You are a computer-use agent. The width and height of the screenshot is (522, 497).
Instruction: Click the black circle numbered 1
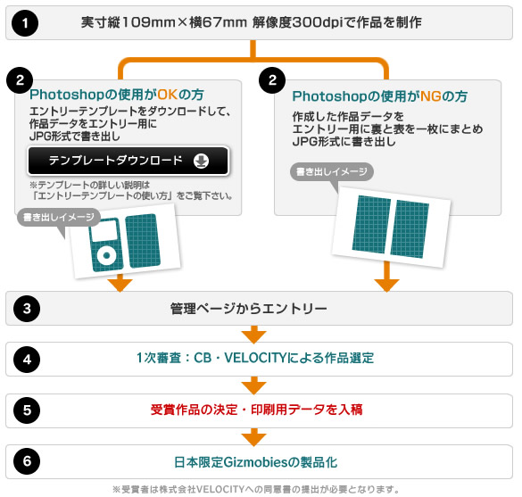pos(25,23)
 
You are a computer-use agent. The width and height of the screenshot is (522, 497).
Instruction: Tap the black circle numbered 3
pos(27,308)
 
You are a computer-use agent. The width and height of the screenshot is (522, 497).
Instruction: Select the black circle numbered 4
pos(27,360)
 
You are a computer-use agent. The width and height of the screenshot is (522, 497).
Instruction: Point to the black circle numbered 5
pos(27,410)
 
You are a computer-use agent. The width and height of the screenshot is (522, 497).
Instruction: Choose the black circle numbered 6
pos(27,461)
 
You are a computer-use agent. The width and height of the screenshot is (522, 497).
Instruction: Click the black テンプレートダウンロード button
pos(128,161)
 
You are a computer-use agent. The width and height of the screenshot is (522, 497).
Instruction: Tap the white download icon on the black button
pos(201,161)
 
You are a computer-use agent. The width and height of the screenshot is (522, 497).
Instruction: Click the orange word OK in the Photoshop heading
pos(168,95)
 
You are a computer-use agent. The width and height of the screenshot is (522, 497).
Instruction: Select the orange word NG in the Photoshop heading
pos(431,96)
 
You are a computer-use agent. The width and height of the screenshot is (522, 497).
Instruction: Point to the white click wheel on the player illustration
pos(107,256)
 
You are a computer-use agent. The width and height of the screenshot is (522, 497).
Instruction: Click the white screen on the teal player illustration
pos(104,231)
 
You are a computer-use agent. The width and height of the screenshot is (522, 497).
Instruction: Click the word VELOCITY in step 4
pos(255,358)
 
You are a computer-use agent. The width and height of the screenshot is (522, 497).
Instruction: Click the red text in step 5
pos(256,410)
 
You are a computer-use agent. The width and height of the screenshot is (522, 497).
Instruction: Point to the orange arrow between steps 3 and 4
pos(254,335)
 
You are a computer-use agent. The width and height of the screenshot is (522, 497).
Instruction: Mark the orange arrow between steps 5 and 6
pos(254,436)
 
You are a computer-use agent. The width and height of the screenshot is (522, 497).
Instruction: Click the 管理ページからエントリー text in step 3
pos(249,309)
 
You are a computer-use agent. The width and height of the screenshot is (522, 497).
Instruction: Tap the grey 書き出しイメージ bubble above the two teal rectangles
pos(332,172)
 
